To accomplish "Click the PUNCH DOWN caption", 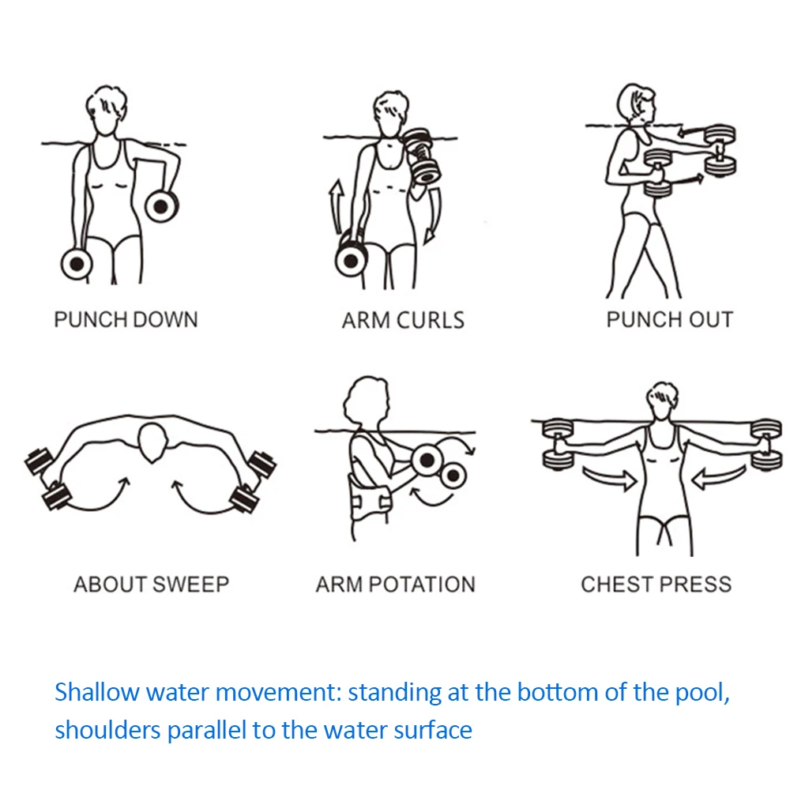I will (x=126, y=320).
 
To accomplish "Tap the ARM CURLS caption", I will (x=403, y=321).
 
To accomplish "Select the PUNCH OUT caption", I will (x=669, y=320).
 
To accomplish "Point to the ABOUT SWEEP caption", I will (x=152, y=585).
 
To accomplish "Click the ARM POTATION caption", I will (x=396, y=585).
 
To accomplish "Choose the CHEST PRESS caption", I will (x=656, y=585).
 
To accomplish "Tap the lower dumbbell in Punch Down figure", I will (x=77, y=263).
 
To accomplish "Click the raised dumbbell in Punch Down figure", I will (x=161, y=207).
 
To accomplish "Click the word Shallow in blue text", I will (x=96, y=692).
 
